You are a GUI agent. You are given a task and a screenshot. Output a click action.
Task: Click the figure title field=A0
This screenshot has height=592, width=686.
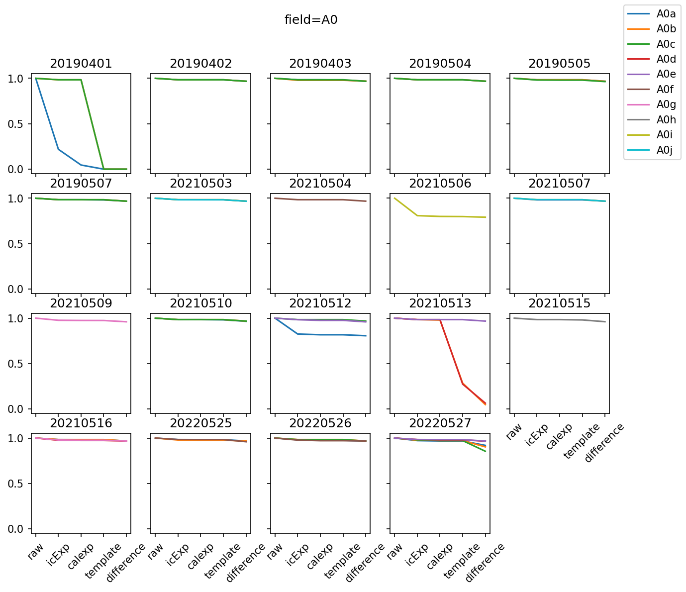click(311, 20)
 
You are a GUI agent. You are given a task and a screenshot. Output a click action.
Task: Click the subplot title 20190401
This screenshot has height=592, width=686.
click(81, 64)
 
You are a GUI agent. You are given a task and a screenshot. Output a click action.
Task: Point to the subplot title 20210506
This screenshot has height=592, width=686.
click(440, 184)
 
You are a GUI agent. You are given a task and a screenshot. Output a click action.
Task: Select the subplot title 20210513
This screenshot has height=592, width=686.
click(440, 303)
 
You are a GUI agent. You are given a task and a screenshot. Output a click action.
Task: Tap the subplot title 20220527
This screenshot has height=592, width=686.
click(440, 423)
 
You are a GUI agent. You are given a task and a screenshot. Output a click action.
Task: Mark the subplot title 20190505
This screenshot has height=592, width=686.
click(559, 64)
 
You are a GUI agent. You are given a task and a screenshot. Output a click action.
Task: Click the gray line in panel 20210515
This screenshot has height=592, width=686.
click(559, 319)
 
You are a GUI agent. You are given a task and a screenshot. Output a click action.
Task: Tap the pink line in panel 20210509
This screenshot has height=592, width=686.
click(81, 320)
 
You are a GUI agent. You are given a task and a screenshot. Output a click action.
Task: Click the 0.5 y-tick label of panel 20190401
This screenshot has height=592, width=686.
click(17, 124)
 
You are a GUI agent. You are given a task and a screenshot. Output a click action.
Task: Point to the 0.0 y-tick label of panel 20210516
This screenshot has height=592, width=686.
click(17, 529)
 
